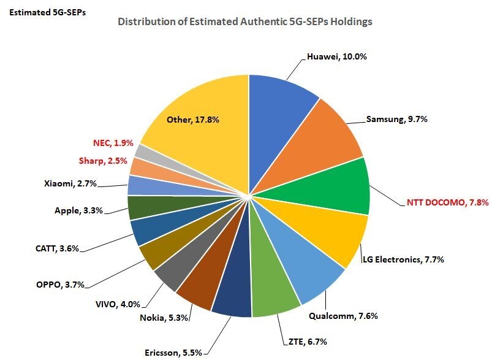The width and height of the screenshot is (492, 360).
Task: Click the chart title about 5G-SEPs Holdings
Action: [245, 22]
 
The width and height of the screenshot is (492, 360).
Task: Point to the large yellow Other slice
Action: [196, 123]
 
